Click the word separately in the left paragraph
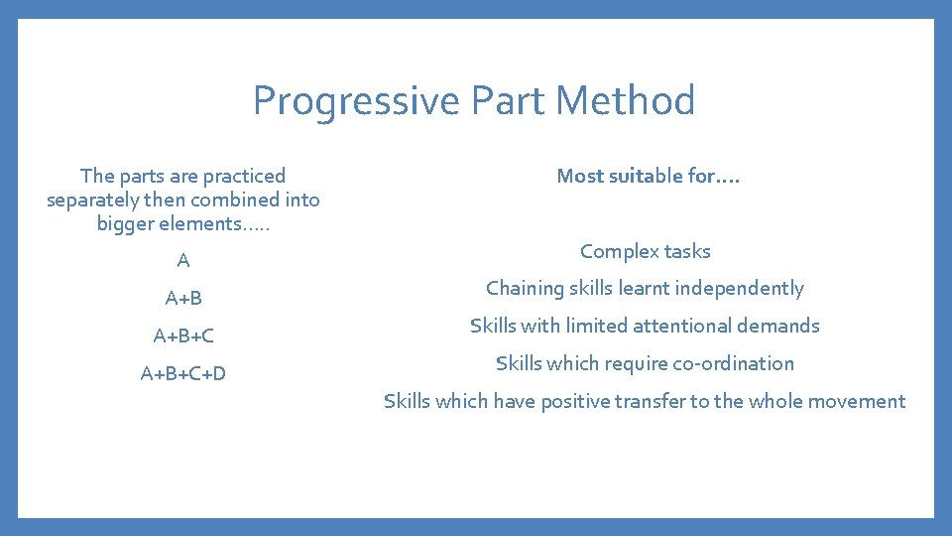[95, 200]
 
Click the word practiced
[244, 176]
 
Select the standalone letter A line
[183, 261]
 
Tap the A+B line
[183, 298]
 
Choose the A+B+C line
[183, 335]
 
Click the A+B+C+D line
[183, 373]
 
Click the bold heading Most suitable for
[648, 176]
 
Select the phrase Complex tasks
[646, 251]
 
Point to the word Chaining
[524, 288]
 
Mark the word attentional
[680, 326]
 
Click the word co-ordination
[733, 363]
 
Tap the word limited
[594, 326]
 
